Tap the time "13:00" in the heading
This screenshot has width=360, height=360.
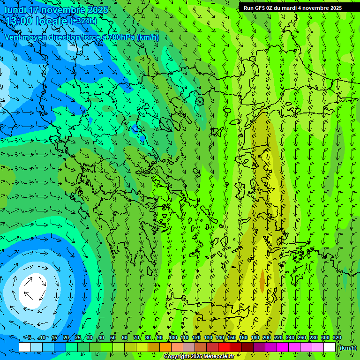click(x=19, y=21)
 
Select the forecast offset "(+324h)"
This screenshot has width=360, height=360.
click(x=83, y=21)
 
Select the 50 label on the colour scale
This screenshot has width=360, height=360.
click(x=113, y=338)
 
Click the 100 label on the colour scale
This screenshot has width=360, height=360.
click(x=172, y=338)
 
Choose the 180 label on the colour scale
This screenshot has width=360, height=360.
click(x=255, y=338)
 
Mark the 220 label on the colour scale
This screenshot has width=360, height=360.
click(x=278, y=338)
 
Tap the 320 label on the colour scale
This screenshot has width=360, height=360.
click(x=337, y=338)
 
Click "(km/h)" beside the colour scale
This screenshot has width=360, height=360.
click(x=347, y=348)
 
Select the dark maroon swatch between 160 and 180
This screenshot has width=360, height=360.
click(x=247, y=347)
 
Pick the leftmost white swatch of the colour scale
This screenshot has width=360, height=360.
click(x=25, y=347)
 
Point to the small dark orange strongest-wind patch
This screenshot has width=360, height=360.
click(x=262, y=279)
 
